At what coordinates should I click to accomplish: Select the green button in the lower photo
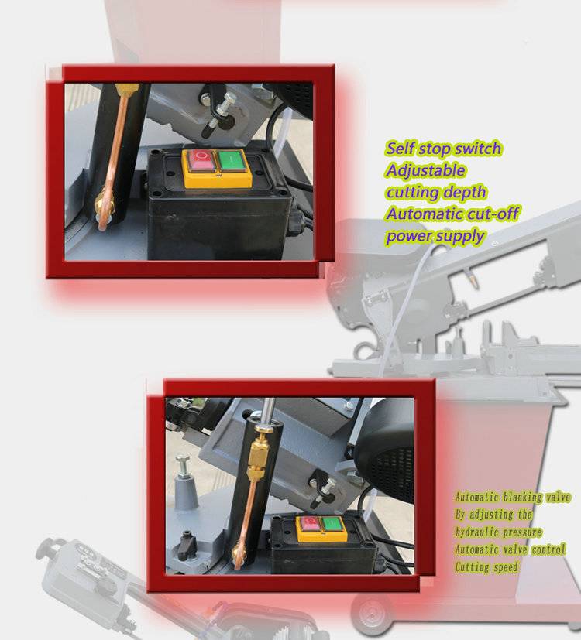pyautogui.click(x=331, y=524)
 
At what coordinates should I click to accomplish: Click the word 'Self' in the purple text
pyautogui.click(x=401, y=148)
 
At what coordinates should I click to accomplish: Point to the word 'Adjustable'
pyautogui.click(x=425, y=170)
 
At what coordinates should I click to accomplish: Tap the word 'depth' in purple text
pyautogui.click(x=465, y=192)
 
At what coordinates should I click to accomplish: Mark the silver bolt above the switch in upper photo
pyautogui.click(x=223, y=109)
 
